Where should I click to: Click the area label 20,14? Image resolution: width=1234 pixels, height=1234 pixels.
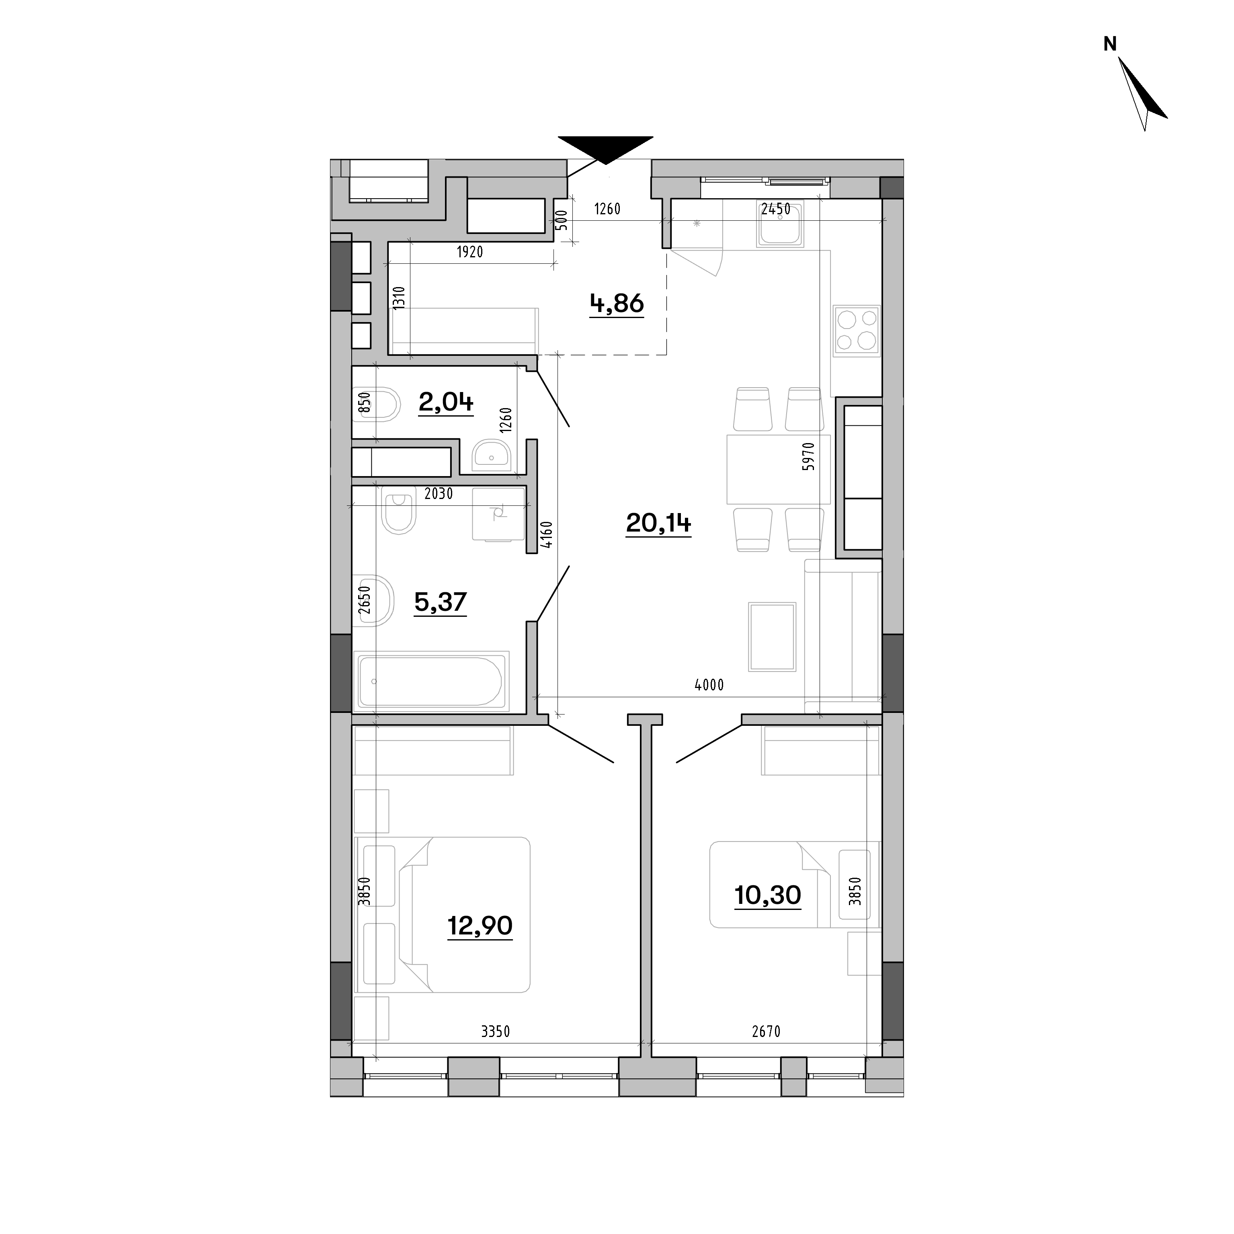point(658,524)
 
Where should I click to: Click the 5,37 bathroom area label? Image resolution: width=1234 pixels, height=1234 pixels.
point(441,602)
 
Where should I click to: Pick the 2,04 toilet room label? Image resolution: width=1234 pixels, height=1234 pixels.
point(446,402)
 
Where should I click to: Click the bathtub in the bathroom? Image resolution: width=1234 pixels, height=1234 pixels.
point(433,681)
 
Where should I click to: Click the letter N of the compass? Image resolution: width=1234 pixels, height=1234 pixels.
point(1110,44)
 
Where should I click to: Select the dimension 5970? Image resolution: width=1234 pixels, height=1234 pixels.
point(809,456)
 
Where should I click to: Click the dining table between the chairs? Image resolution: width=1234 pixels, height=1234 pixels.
point(779,469)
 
